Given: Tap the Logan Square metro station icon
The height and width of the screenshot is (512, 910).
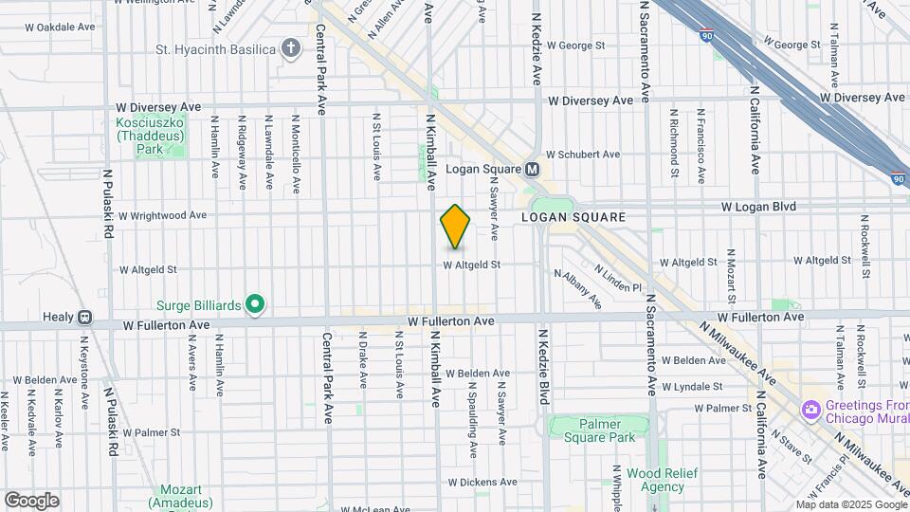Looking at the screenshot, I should tap(533, 170).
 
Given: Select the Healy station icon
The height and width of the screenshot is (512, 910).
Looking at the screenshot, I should tap(85, 317).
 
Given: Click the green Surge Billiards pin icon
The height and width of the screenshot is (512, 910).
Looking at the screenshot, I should tap(254, 304).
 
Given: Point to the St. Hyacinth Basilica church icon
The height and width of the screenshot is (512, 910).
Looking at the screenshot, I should tap(291, 48).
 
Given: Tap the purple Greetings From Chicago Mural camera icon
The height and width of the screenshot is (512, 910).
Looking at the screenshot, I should tap(810, 410).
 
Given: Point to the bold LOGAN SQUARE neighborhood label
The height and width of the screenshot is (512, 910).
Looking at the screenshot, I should tap(573, 217).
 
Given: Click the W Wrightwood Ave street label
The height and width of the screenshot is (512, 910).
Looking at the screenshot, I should tap(162, 215).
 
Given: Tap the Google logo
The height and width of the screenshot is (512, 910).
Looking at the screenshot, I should tap(31, 501).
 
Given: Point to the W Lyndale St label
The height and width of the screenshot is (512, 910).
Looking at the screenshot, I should tap(692, 386).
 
